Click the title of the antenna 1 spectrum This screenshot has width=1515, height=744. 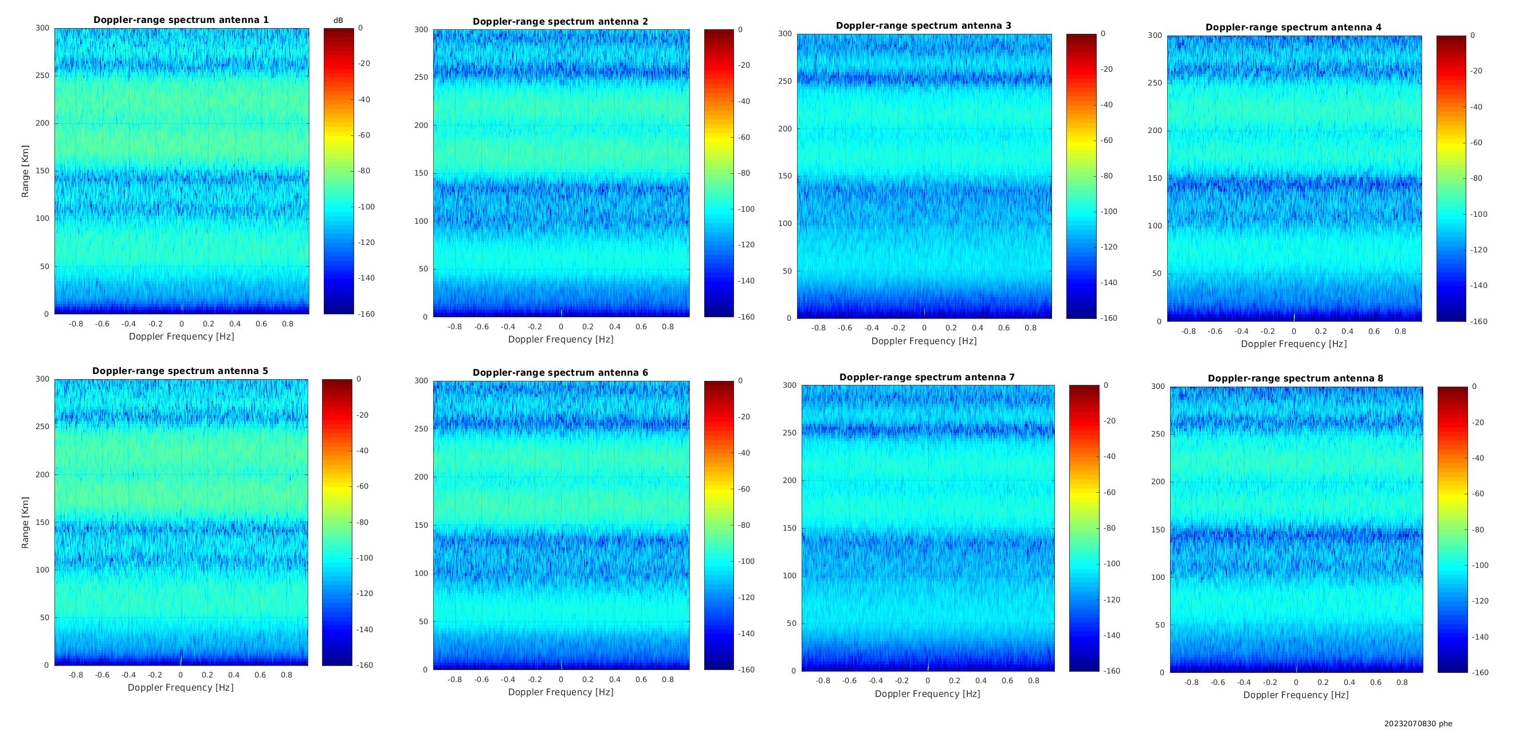(181, 20)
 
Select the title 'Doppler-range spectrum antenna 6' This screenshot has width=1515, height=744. (560, 373)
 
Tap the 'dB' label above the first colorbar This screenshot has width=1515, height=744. (338, 21)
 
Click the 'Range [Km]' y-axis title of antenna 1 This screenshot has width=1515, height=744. (25, 172)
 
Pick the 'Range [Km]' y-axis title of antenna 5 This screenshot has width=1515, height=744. (25, 523)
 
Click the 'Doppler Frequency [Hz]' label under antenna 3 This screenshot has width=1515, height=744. (924, 341)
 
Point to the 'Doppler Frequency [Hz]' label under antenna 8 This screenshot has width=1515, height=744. (1296, 695)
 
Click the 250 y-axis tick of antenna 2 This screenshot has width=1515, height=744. (422, 77)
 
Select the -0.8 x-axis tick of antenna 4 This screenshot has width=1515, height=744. (1188, 332)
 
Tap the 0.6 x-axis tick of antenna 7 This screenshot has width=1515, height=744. (1007, 681)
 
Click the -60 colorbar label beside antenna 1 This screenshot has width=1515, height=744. (364, 135)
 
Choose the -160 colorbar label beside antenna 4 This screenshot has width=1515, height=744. (1479, 321)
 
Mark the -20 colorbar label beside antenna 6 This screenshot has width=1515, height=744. (744, 416)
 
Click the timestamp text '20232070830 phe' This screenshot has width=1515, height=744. (1418, 724)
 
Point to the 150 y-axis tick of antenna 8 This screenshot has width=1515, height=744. (1158, 529)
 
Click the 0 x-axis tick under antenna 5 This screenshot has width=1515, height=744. (180, 675)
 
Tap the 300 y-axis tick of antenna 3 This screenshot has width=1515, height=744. (785, 33)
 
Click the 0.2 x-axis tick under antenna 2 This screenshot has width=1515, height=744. (587, 326)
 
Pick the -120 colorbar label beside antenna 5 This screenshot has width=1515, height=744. (364, 594)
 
